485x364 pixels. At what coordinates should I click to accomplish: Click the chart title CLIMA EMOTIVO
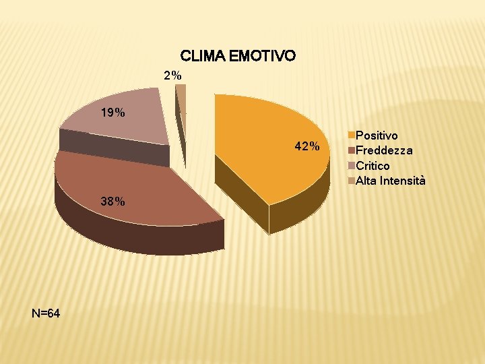(237, 55)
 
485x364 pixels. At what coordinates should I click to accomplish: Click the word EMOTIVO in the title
(261, 55)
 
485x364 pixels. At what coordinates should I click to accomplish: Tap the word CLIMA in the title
(203, 55)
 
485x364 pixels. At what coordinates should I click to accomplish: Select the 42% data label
(306, 146)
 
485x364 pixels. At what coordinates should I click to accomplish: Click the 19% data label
(112, 113)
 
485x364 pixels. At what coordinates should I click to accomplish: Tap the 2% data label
(172, 75)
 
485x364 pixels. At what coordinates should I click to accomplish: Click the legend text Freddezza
(384, 151)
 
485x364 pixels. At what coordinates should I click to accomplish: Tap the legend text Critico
(373, 166)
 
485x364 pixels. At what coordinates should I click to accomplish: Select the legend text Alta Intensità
(390, 181)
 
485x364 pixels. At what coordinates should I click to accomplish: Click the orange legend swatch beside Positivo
(352, 136)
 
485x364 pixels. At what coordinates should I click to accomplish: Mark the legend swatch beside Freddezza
(352, 151)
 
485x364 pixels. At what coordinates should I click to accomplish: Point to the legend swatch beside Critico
(352, 166)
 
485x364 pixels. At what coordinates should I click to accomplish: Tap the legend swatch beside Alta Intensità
(352, 181)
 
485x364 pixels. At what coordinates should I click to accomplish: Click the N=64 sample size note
(46, 313)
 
